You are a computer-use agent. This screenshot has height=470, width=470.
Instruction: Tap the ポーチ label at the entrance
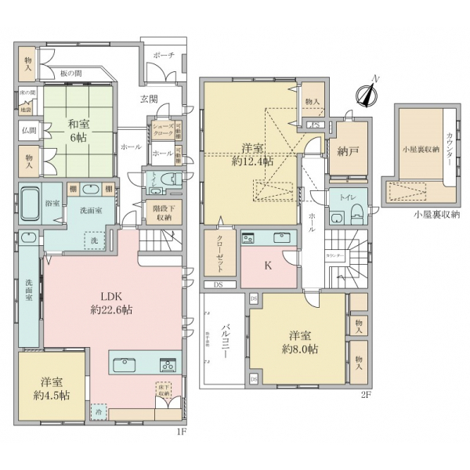pos(164,56)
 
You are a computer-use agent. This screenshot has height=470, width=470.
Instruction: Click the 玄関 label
pos(149,99)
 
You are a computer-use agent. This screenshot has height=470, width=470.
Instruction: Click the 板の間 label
pos(72,74)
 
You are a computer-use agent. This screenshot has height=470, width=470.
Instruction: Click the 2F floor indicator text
pos(364,394)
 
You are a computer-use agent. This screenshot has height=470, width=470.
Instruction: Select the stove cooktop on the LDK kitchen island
pos(168,364)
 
